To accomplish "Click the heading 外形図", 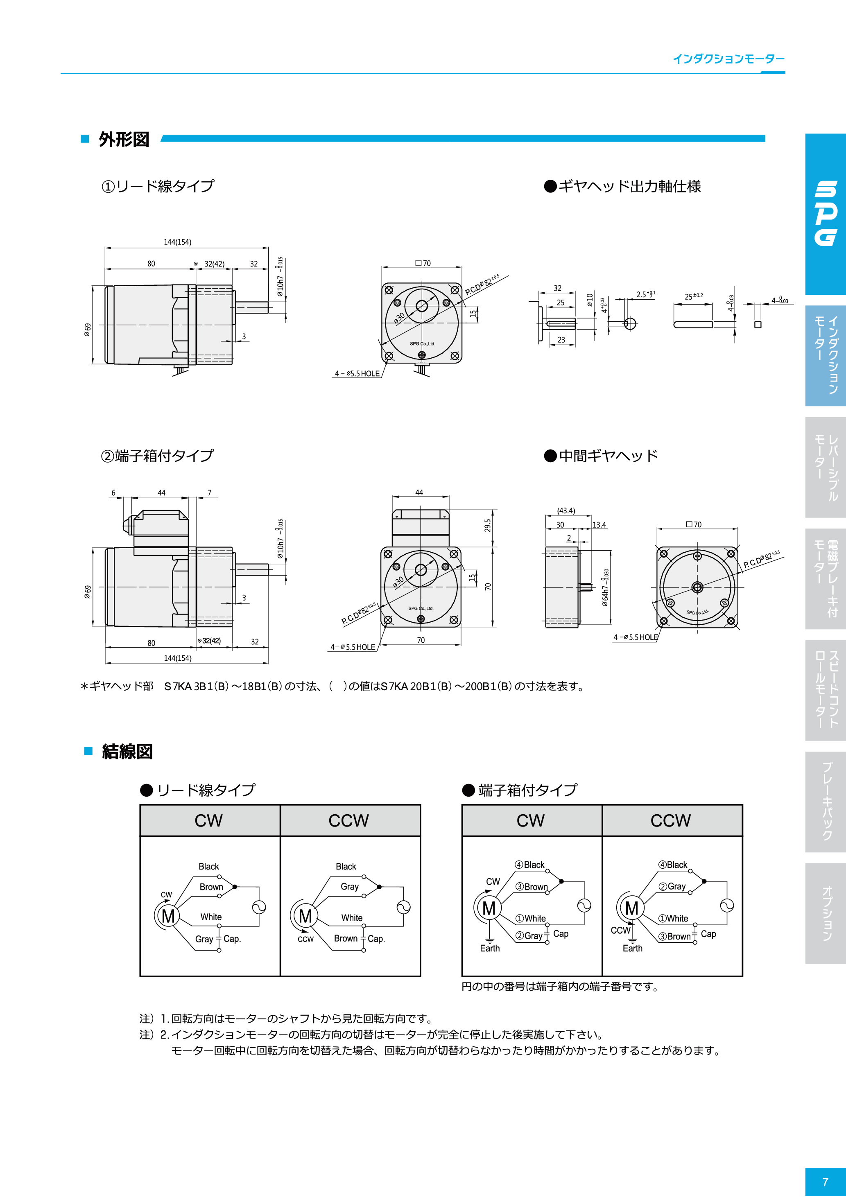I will [x=124, y=139].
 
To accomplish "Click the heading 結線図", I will [x=127, y=751].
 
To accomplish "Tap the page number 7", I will [x=825, y=1181].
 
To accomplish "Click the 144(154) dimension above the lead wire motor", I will [x=177, y=242].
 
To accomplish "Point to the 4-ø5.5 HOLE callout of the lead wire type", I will [x=357, y=374].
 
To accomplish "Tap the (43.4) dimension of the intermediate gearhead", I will [x=566, y=510].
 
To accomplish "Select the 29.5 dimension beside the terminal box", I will [x=488, y=525].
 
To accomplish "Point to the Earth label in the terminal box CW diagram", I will [x=490, y=949].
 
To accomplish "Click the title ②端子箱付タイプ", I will [x=157, y=456].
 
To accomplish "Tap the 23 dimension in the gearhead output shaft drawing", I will [x=561, y=339].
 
